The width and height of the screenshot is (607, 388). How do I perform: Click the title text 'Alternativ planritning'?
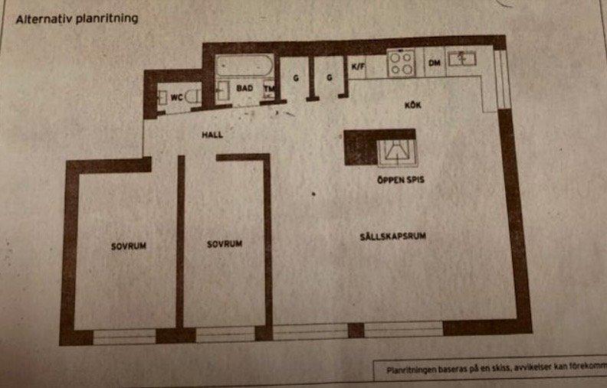77,18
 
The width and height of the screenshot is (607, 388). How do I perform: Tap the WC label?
176,97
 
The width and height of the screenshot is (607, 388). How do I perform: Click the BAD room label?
244,89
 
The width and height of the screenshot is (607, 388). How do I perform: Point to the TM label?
269,89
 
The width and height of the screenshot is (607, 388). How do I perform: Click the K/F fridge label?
358,67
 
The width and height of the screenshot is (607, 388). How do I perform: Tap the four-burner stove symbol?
401,62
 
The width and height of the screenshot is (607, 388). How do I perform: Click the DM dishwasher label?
434,63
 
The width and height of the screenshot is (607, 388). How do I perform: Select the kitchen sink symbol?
463,58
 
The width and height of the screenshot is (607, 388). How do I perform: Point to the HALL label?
212,134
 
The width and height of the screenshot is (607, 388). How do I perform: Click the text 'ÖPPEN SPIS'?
400,181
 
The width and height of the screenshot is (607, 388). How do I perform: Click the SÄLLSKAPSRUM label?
392,237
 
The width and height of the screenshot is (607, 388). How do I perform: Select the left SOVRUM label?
128,246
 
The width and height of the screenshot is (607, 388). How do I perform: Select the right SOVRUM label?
225,244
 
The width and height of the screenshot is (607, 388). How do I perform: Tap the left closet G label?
295,77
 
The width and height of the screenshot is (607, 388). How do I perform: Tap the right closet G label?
329,77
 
